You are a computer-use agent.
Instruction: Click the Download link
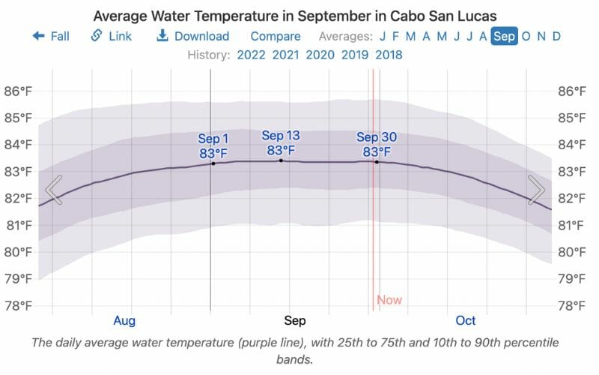(193, 36)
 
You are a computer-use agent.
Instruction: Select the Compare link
(276, 36)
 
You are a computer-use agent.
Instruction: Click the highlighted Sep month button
(504, 36)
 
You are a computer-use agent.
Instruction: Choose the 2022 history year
(251, 55)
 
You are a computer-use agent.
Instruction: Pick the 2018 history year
(389, 55)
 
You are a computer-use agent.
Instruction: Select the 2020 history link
(320, 55)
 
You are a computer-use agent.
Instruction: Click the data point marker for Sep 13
(281, 160)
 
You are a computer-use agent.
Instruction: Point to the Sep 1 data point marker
(213, 163)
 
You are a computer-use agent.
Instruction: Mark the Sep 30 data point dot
(377, 162)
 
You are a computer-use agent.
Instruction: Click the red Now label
(389, 300)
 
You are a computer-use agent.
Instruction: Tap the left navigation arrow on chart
(53, 190)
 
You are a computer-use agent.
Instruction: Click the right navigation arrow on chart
(536, 190)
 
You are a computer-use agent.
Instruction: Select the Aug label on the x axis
(124, 321)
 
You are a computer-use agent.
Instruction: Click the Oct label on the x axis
(466, 321)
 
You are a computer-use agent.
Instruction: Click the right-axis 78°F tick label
(574, 305)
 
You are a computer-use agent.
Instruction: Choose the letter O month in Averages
(526, 36)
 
